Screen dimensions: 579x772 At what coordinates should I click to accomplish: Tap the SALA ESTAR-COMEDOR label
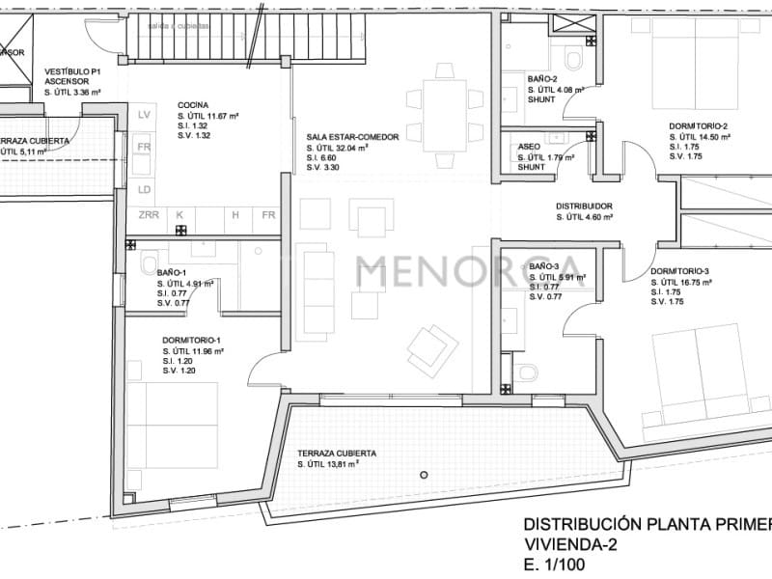point(352,137)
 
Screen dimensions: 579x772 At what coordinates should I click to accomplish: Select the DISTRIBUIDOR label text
point(584,207)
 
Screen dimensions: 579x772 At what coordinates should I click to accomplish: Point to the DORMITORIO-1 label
point(192,340)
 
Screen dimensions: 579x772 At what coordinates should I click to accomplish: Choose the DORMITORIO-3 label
point(680,271)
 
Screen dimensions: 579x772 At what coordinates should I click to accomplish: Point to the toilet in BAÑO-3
point(527,372)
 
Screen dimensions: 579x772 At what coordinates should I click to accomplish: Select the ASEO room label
point(529,147)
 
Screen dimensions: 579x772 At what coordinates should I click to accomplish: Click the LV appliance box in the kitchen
point(145,116)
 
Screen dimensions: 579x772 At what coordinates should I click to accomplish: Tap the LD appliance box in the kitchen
point(145,189)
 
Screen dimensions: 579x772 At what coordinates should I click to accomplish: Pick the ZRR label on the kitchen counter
point(149,215)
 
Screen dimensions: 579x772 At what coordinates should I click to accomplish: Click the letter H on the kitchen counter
point(234,215)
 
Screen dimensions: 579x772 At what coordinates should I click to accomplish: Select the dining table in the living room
point(445,114)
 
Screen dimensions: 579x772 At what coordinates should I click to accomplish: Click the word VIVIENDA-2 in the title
point(570,544)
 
